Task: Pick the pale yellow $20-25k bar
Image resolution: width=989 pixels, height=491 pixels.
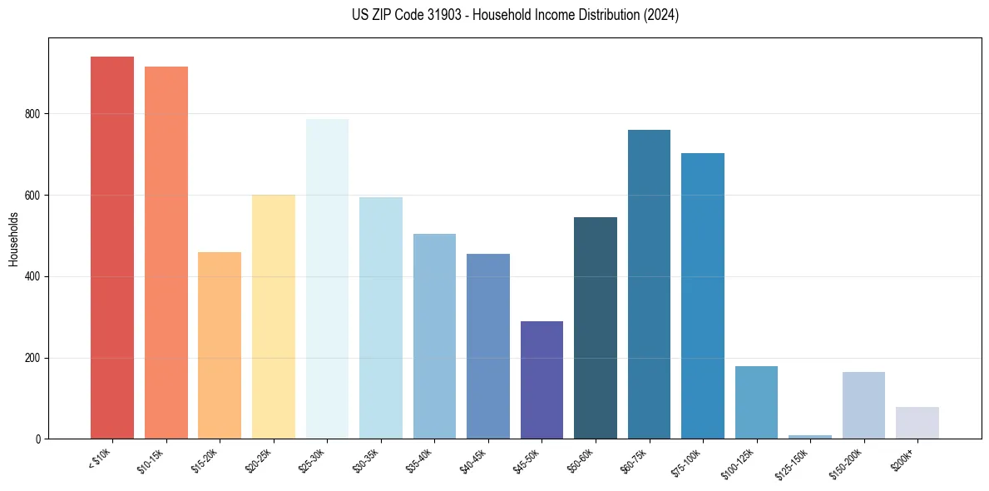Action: (x=273, y=316)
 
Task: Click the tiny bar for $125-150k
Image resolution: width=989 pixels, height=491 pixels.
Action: (x=810, y=436)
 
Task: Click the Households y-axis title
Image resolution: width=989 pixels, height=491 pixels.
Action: (x=13, y=238)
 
